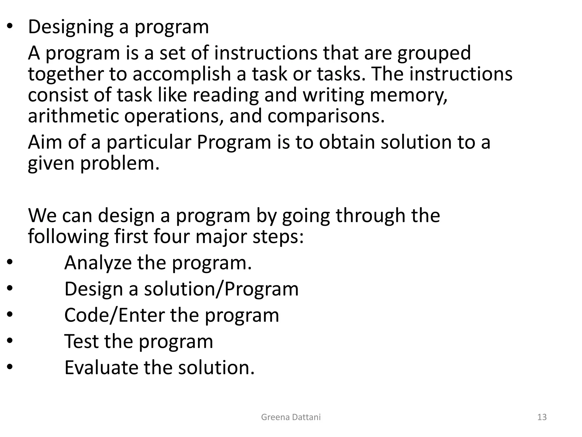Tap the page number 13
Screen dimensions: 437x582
pos(542,417)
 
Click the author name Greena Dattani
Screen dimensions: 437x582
pos(291,417)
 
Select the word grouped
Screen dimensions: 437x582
pos(434,53)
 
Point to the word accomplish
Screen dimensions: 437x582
pos(182,74)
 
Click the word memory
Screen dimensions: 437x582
pos(408,95)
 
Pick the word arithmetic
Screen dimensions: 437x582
pos(73,116)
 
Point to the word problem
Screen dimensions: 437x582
pos(120,164)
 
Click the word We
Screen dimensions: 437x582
pos(42,215)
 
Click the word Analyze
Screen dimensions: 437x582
pos(98,263)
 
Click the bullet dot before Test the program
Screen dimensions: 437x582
pos(10,340)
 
